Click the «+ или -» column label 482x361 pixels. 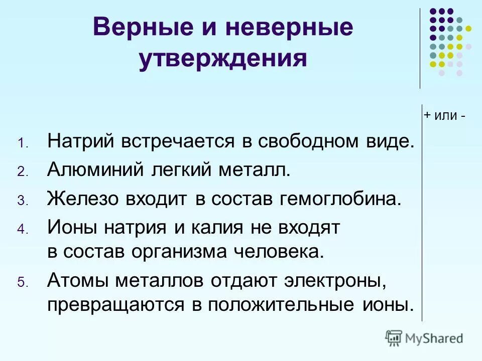point(444,115)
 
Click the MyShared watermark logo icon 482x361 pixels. point(394,338)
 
